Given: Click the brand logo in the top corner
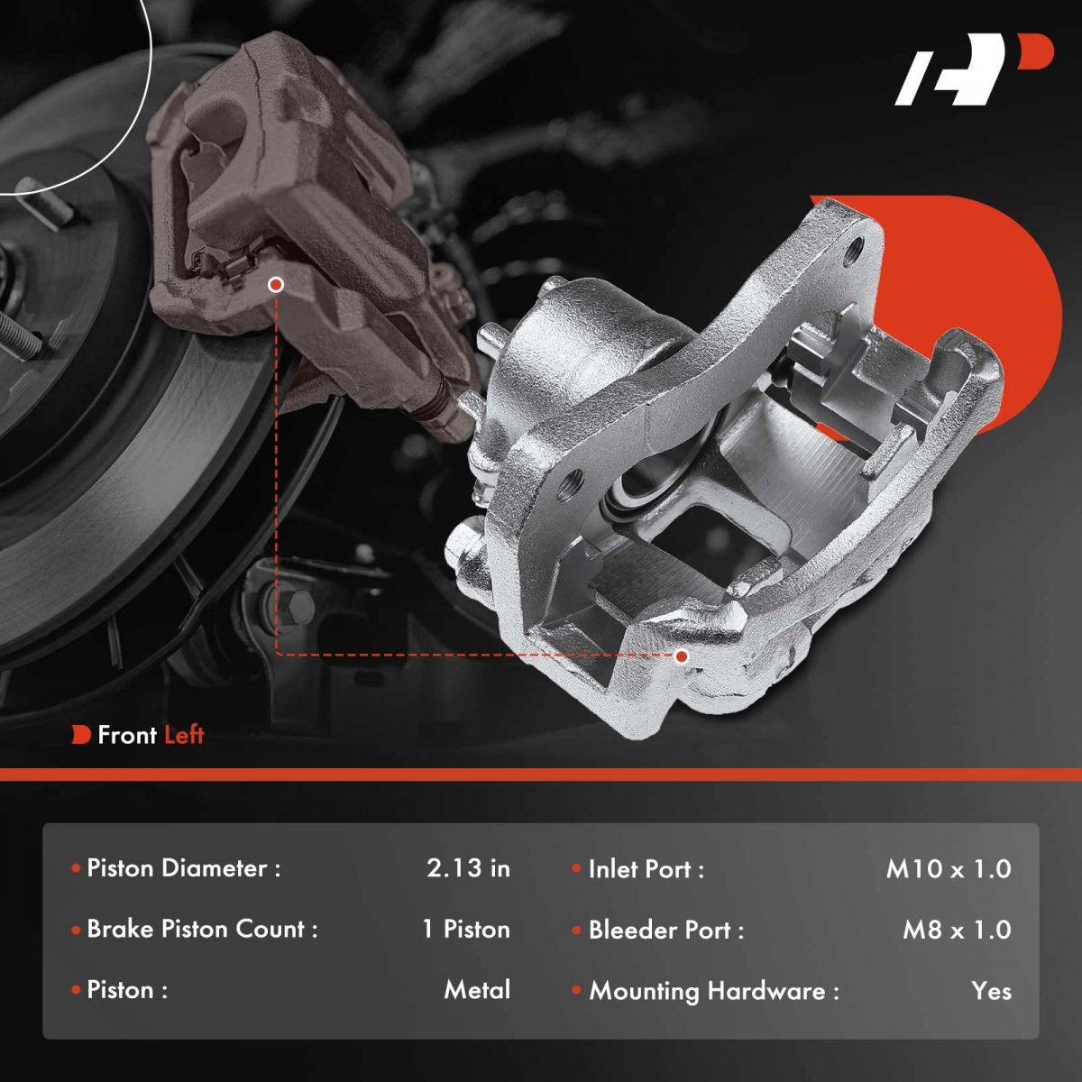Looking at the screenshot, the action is [974, 69].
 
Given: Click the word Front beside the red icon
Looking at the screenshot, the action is [127, 735].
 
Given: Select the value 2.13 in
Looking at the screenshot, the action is [468, 868].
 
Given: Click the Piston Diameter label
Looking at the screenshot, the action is [184, 868].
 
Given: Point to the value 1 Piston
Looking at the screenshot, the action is [466, 930].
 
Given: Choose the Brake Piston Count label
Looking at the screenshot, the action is [202, 930].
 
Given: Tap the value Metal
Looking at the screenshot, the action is [477, 990].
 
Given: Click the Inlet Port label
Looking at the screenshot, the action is [646, 869].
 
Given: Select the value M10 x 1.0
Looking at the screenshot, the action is [949, 869].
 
